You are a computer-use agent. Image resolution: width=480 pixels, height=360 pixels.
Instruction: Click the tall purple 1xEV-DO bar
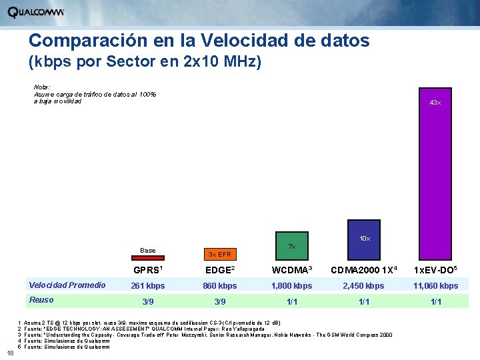click(435, 173)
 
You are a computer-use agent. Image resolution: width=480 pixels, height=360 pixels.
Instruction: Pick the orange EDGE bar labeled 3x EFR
click(219, 255)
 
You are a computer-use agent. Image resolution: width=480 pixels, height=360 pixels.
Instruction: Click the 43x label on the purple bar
click(435, 103)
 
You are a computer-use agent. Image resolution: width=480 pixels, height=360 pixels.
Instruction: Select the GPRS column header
click(147, 271)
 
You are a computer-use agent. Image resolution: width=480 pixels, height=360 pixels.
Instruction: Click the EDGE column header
click(219, 271)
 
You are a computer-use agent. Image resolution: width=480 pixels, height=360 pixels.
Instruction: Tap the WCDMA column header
click(291, 271)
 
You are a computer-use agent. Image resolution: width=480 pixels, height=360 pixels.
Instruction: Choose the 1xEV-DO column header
click(435, 271)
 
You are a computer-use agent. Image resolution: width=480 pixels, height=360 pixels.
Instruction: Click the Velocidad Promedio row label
click(67, 285)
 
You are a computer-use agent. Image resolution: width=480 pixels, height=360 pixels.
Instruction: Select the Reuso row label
click(41, 300)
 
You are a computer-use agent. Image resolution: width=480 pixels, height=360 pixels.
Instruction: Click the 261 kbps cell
click(147, 286)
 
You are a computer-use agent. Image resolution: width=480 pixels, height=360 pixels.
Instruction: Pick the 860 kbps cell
click(219, 286)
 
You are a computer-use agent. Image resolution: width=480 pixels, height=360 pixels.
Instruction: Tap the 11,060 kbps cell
click(435, 286)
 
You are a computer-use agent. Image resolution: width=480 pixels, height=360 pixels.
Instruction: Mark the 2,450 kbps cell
click(363, 286)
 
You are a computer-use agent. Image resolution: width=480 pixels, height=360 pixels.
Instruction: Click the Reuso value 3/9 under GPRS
click(147, 301)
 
